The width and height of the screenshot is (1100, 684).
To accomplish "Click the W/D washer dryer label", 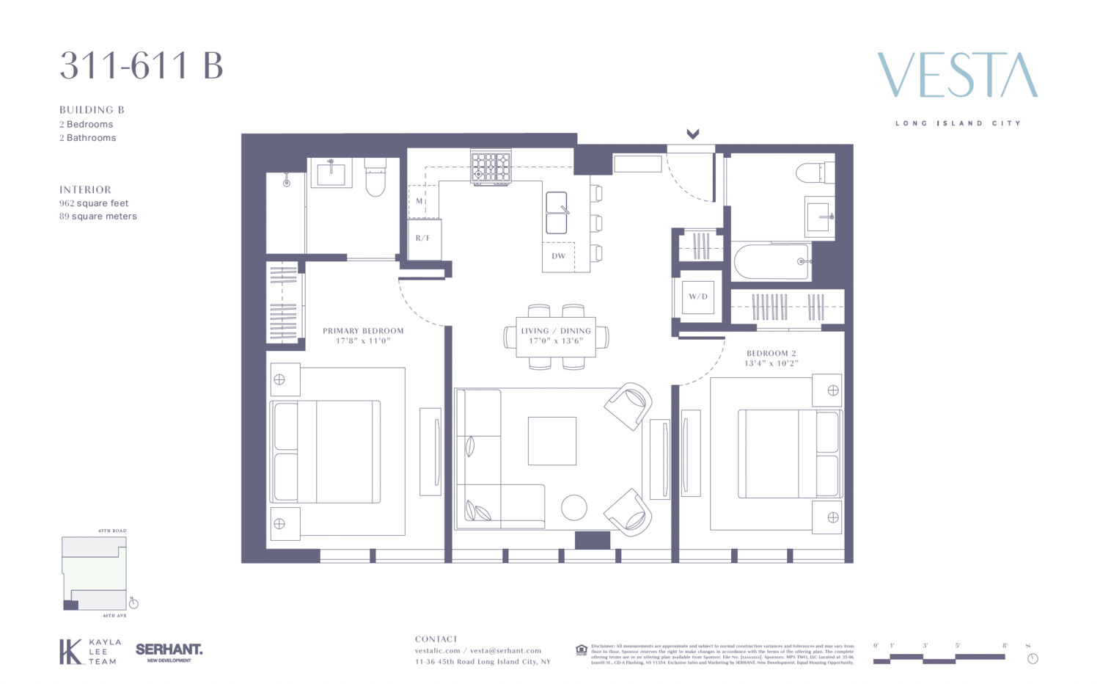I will [x=697, y=296].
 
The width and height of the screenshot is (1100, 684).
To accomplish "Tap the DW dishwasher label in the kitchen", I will [x=558, y=256].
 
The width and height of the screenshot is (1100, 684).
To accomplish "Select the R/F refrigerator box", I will [x=423, y=239].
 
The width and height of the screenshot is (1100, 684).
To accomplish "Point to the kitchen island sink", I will [x=557, y=213].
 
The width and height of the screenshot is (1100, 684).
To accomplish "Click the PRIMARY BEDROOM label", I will [x=363, y=331].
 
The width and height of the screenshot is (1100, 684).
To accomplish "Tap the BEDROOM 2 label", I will [x=771, y=353].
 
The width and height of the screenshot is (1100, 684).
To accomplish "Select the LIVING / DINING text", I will [x=556, y=331].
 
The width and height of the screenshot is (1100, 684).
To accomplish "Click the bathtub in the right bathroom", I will [x=770, y=261].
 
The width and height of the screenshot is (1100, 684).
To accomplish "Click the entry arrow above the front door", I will [x=692, y=134].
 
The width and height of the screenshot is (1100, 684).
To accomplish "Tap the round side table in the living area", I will [x=573, y=508].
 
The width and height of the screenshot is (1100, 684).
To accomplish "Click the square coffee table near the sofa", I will [x=551, y=440].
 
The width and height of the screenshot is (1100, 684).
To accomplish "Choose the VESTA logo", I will [x=957, y=75].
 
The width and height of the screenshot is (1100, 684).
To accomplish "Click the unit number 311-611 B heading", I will [x=141, y=65].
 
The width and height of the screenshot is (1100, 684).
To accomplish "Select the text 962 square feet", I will [x=94, y=203].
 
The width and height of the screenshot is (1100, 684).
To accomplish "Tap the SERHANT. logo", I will [x=169, y=650].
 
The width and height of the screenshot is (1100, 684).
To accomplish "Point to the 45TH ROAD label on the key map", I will [x=112, y=531].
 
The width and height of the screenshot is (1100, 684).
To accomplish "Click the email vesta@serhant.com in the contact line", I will [x=505, y=650].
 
